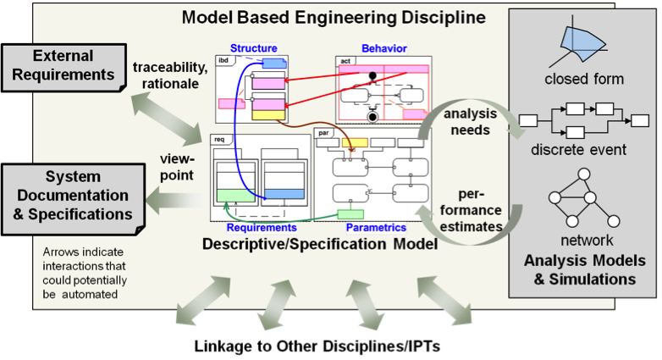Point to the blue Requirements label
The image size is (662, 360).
tap(262, 227)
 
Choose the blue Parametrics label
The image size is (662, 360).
tap(376, 227)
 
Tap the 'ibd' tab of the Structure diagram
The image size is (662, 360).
tap(223, 61)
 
